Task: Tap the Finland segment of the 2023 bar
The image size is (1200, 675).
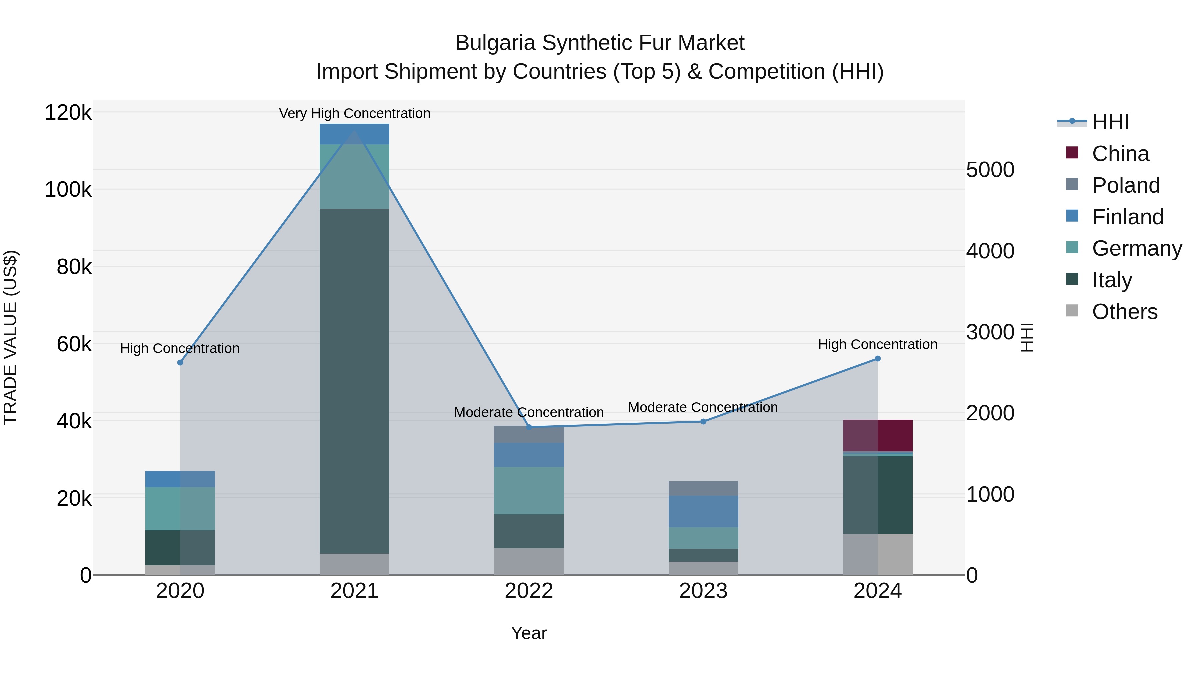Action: [703, 511]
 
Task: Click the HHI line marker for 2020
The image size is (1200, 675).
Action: [180, 362]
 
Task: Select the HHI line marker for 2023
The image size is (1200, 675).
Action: [703, 422]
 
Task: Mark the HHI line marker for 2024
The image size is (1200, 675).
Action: [878, 359]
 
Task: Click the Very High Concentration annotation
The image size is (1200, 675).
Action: [355, 113]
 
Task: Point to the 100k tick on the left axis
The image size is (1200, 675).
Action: [68, 190]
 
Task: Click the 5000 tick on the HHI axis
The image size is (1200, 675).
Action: [990, 170]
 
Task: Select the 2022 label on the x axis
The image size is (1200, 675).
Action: [529, 591]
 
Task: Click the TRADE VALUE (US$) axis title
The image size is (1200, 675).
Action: [10, 337]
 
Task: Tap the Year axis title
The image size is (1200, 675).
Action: [529, 633]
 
